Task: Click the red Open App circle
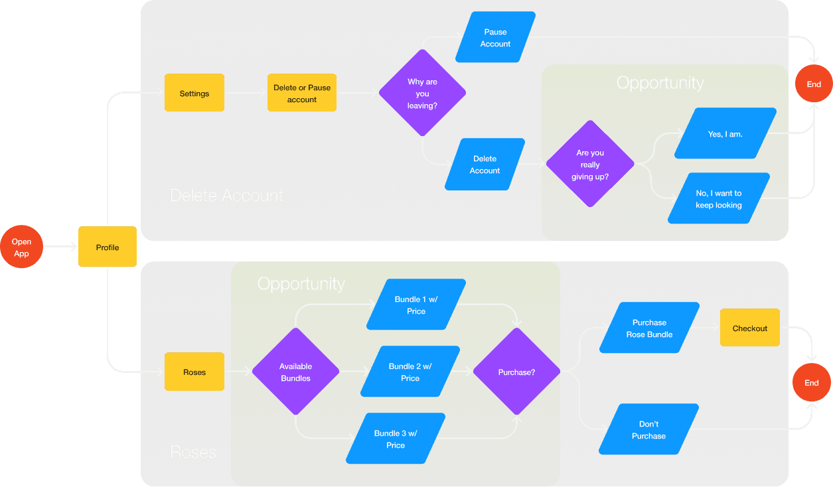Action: pyautogui.click(x=22, y=247)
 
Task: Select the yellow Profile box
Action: pyautogui.click(x=108, y=247)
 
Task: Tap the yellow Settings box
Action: pyautogui.click(x=194, y=94)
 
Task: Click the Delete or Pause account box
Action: pyautogui.click(x=302, y=94)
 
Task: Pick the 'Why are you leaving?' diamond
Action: pyautogui.click(x=422, y=94)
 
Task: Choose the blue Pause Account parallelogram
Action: pyautogui.click(x=495, y=38)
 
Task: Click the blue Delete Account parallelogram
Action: pyautogui.click(x=485, y=165)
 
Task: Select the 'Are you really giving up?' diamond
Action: pyautogui.click(x=589, y=164)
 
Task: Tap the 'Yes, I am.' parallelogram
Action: pyautogui.click(x=725, y=134)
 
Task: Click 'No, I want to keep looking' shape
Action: pyautogui.click(x=719, y=199)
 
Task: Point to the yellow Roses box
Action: pyautogui.click(x=194, y=372)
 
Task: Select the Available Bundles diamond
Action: pyautogui.click(x=295, y=372)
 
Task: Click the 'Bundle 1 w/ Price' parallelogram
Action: pyautogui.click(x=416, y=305)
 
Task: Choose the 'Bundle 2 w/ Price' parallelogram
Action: pyautogui.click(x=410, y=372)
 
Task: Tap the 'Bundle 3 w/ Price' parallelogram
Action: pyautogui.click(x=396, y=439)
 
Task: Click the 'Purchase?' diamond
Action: pyautogui.click(x=516, y=372)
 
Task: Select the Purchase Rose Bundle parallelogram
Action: pyautogui.click(x=649, y=328)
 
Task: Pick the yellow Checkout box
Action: pyautogui.click(x=750, y=328)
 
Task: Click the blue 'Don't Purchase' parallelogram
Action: pyautogui.click(x=648, y=430)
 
